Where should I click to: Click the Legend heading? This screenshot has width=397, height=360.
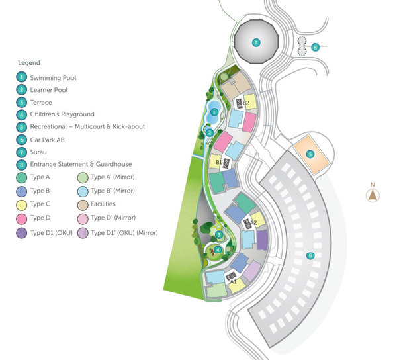pos(28,63)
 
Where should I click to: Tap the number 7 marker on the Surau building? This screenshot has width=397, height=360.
pos(257,43)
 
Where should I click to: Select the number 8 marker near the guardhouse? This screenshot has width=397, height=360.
pos(316,47)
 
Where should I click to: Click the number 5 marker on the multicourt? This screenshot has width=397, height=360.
pos(310,154)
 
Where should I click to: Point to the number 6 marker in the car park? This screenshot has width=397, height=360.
pos(309,255)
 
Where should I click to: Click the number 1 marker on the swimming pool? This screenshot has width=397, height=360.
pos(214,112)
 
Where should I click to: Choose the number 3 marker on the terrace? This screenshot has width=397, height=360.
pos(219,234)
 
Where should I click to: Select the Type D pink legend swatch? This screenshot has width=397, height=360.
pos(22,218)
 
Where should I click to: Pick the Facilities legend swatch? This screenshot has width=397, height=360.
pos(83,204)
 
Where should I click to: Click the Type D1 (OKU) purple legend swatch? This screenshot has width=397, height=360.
pos(22,231)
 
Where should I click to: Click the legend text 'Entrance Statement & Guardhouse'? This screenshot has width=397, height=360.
pos(81,165)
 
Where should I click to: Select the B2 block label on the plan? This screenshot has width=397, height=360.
pos(245,103)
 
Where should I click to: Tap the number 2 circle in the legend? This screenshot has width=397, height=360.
pos(22,90)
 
